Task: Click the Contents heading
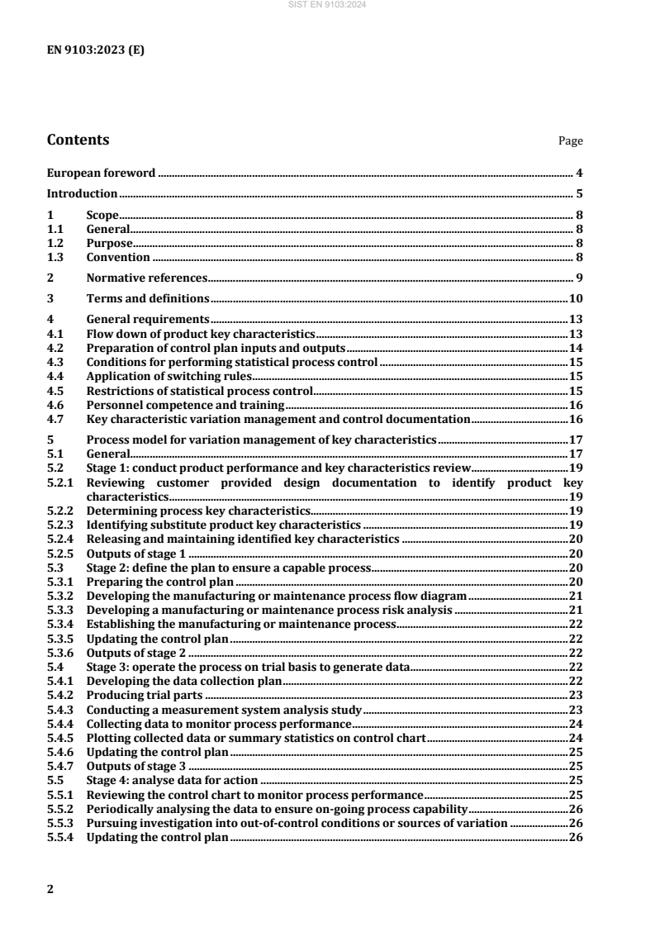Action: pyautogui.click(x=78, y=140)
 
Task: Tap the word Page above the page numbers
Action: pyautogui.click(x=571, y=141)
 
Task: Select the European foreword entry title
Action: pyautogui.click(x=102, y=174)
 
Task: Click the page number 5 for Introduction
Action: pyautogui.click(x=580, y=194)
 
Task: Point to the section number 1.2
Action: pyautogui.click(x=55, y=244)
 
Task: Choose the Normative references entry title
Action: pyautogui.click(x=147, y=277)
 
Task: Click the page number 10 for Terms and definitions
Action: pyautogui.click(x=577, y=297)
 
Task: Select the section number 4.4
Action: pyautogui.click(x=55, y=375)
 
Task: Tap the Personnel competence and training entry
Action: pyautogui.click(x=185, y=405)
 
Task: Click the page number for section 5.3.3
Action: pyautogui.click(x=577, y=610)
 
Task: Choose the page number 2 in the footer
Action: pyautogui.click(x=50, y=888)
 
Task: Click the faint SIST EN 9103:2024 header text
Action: pyautogui.click(x=327, y=5)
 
